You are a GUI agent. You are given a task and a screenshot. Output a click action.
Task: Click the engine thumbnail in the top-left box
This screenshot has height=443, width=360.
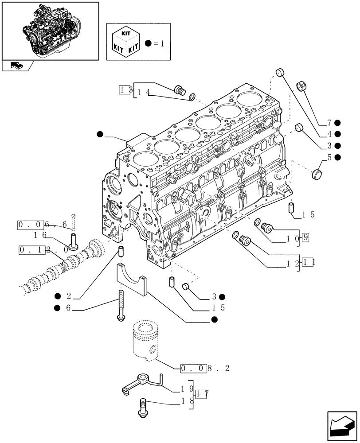[x=50, y=30]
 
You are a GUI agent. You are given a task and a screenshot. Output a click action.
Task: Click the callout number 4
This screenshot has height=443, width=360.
[x=329, y=134]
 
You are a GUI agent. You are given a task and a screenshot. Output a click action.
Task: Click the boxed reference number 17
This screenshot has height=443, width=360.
[x=202, y=394]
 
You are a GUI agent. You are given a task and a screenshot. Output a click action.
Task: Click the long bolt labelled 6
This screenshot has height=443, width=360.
[x=120, y=303]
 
